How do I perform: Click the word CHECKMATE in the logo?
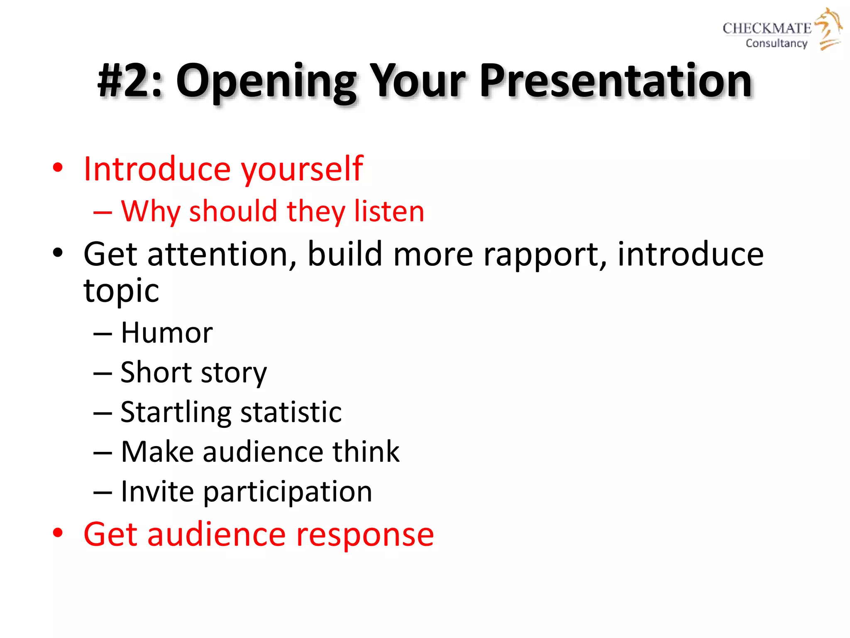pyautogui.click(x=767, y=28)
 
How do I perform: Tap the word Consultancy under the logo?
pyautogui.click(x=776, y=43)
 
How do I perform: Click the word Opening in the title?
pyautogui.click(x=266, y=81)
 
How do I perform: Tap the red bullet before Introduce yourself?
pyautogui.click(x=58, y=168)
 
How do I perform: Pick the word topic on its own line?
pyautogui.click(x=121, y=291)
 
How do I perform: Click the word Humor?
pyautogui.click(x=166, y=333)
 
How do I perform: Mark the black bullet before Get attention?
pyautogui.click(x=58, y=253)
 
